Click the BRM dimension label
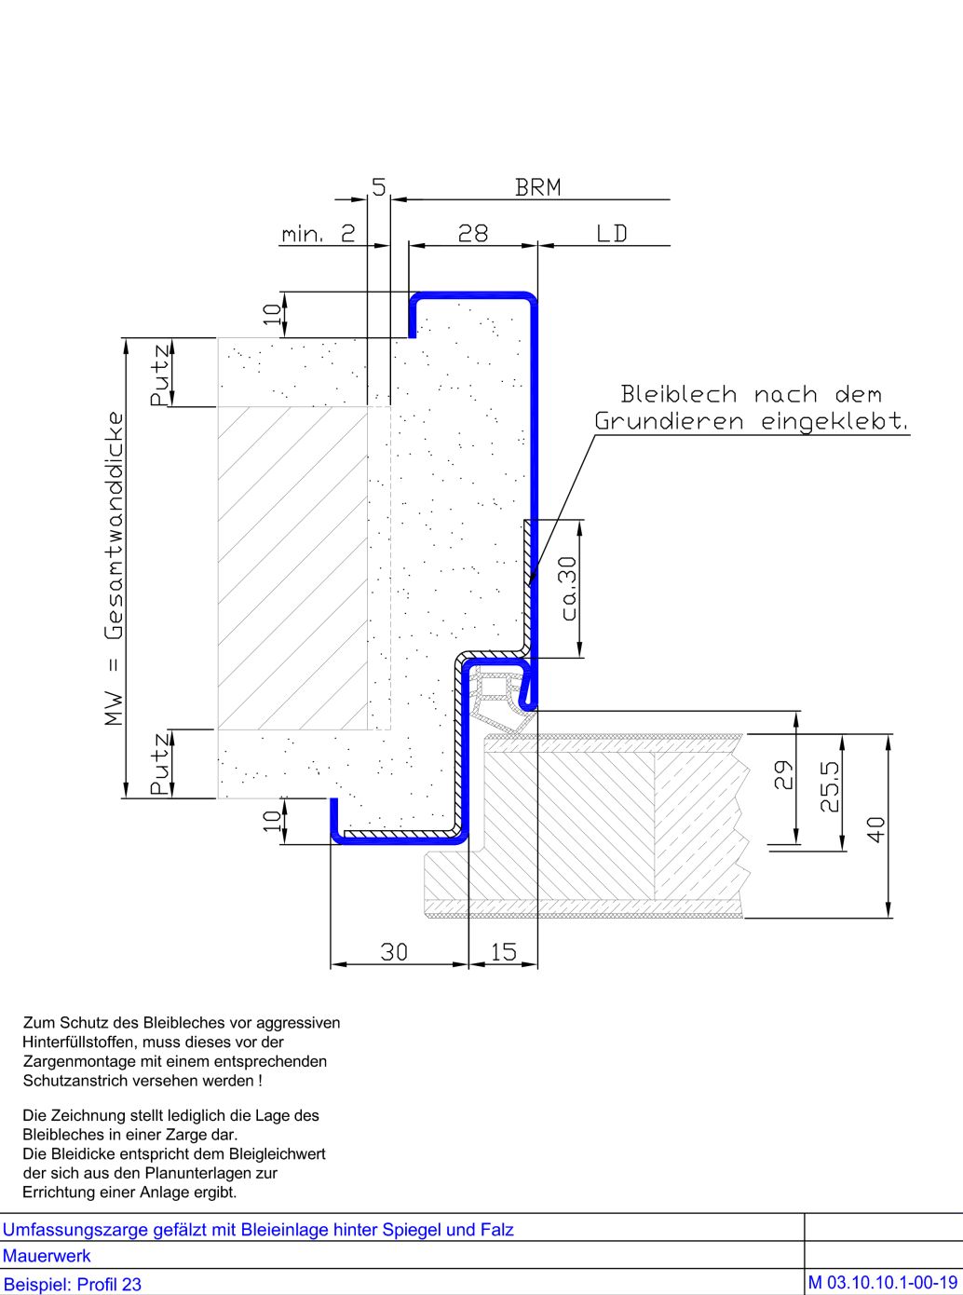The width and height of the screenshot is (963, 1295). [538, 187]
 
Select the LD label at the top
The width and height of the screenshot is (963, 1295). [612, 233]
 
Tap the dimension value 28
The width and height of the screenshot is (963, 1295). [473, 233]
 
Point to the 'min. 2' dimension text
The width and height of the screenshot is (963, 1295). [319, 233]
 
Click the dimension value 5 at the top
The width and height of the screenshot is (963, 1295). [378, 186]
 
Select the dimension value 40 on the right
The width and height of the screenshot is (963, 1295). [876, 828]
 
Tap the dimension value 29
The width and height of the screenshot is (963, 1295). [783, 775]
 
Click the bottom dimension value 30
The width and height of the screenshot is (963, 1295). [394, 951]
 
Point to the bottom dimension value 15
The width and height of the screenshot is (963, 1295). [503, 951]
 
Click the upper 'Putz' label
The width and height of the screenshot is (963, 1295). [160, 374]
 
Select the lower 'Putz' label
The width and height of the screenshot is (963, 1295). [160, 764]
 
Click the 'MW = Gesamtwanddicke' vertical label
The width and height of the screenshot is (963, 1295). [114, 568]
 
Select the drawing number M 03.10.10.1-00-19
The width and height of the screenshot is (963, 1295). [882, 1282]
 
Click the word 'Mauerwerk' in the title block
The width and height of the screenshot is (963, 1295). [47, 1255]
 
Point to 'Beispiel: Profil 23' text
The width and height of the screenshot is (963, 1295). [73, 1284]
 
